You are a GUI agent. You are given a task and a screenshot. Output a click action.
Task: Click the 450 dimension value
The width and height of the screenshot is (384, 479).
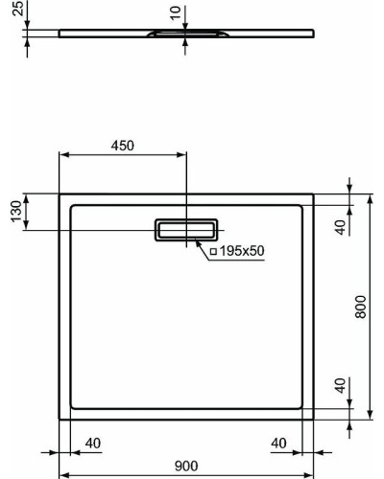pyautogui.click(x=122, y=146)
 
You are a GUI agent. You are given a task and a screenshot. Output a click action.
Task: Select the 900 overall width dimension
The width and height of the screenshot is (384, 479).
pyautogui.click(x=186, y=465)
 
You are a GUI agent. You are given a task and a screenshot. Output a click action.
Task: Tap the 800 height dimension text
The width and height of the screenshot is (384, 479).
pyautogui.click(x=359, y=306)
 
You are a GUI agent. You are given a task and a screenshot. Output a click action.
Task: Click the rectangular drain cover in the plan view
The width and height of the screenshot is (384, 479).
pyautogui.click(x=186, y=229)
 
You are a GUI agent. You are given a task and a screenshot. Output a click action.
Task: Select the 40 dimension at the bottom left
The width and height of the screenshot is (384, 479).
pyautogui.click(x=92, y=443)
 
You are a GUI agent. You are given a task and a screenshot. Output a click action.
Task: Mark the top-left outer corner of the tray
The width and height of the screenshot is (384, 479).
pyautogui.click(x=60, y=194)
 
